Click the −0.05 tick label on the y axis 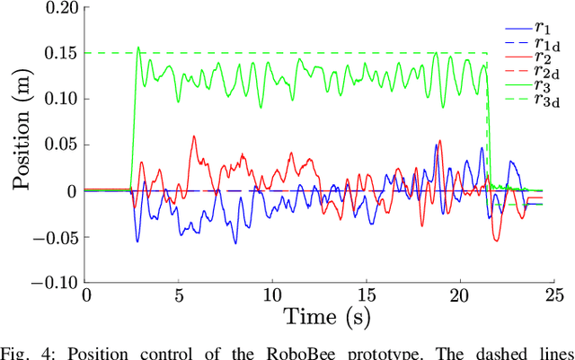click(54, 237)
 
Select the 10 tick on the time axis click(272, 294)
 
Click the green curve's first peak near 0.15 click(138, 48)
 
